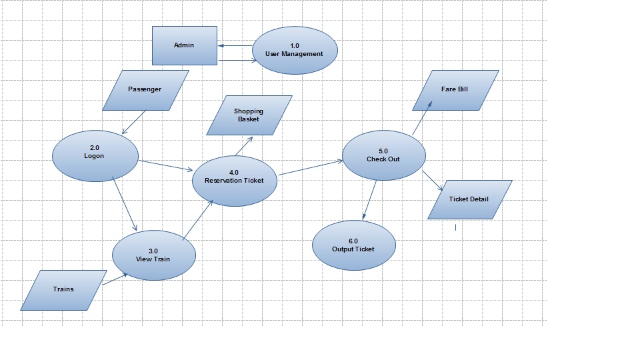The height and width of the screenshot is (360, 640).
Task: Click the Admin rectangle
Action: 185,45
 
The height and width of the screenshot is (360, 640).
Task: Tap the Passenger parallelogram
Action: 145,89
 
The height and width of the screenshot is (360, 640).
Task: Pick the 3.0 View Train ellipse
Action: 154,255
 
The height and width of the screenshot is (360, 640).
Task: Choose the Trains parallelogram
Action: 64,289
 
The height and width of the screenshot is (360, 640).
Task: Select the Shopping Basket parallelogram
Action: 249,115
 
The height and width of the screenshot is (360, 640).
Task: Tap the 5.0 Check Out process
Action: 383,155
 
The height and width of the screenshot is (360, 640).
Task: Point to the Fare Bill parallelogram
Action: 455,89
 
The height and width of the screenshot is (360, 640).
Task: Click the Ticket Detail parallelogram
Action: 469,199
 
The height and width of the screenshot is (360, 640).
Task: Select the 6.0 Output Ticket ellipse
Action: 353,245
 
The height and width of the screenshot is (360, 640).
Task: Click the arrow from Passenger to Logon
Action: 134,122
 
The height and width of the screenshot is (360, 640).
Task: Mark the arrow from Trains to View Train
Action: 115,280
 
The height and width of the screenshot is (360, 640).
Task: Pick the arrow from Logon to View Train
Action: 125,204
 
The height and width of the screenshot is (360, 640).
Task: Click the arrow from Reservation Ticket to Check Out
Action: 310,168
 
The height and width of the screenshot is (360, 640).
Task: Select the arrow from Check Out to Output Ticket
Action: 369,199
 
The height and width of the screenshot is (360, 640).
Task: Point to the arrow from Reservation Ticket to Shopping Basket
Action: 243,147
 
